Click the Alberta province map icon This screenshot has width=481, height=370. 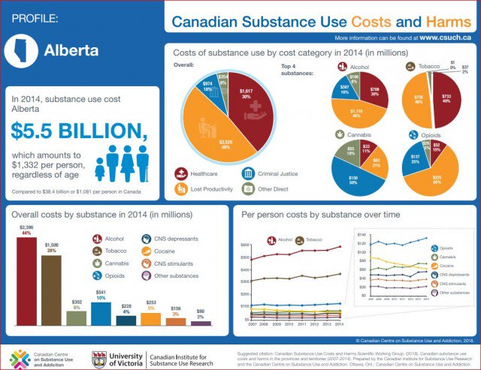tap(21, 49)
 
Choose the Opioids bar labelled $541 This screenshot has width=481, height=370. tap(101, 314)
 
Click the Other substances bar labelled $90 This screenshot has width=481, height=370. tap(200, 323)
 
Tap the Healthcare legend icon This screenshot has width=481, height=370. tap(180, 173)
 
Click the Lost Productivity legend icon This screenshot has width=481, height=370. tap(180, 189)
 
